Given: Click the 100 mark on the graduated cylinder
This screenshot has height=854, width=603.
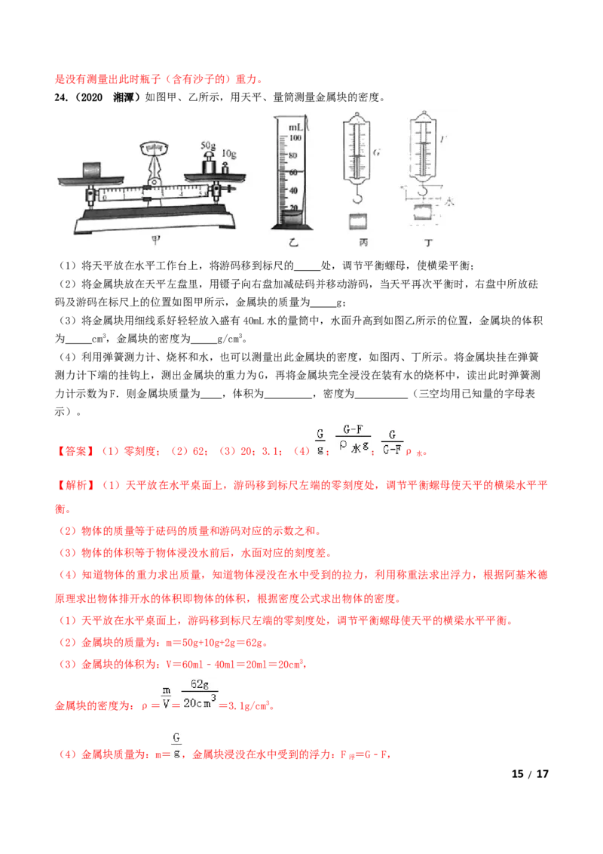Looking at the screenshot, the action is pyautogui.click(x=295, y=138).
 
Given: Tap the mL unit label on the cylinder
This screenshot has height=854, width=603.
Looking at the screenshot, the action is pyautogui.click(x=295, y=127).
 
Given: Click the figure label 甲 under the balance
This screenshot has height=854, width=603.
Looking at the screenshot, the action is pyautogui.click(x=155, y=240).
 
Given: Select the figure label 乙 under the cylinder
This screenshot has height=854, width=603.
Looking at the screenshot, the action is pyautogui.click(x=293, y=242).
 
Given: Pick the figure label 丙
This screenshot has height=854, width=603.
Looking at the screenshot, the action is pyautogui.click(x=363, y=242).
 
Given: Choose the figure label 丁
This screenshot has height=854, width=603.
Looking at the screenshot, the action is pyautogui.click(x=428, y=242).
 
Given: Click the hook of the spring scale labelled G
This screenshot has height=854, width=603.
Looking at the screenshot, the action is pyautogui.click(x=357, y=193).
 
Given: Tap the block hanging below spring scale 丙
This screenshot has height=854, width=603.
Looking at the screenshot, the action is pyautogui.click(x=357, y=220).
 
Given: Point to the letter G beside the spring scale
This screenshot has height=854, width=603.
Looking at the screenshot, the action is pyautogui.click(x=377, y=152).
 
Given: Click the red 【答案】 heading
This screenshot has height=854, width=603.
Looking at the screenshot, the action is pyautogui.click(x=75, y=451).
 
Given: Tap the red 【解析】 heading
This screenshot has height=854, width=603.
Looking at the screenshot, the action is pyautogui.click(x=75, y=485).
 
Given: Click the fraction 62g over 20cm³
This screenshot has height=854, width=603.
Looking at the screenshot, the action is pyautogui.click(x=200, y=693).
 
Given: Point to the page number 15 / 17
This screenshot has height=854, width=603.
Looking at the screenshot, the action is pyautogui.click(x=530, y=773).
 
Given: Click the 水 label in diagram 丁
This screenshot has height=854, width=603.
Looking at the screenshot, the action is pyautogui.click(x=449, y=201).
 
